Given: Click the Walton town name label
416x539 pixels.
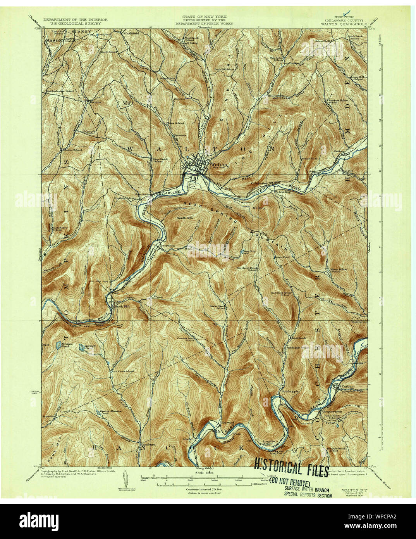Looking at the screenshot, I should click(x=216, y=164).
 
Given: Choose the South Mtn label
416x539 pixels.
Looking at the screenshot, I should click(x=185, y=218).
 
